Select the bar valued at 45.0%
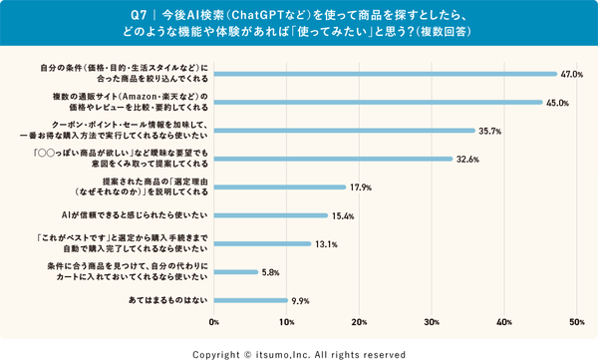[378, 102]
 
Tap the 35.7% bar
[344, 131]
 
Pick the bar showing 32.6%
[332, 159]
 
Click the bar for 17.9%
[279, 187]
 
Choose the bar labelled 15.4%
[270, 215]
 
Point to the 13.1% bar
[261, 244]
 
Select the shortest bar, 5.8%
[235, 272]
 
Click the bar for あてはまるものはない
[250, 300]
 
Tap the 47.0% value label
[570, 74]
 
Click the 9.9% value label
[300, 300]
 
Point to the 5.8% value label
[271, 272]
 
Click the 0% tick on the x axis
[214, 322]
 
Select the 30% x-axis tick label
[432, 322]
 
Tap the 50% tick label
[576, 322]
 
